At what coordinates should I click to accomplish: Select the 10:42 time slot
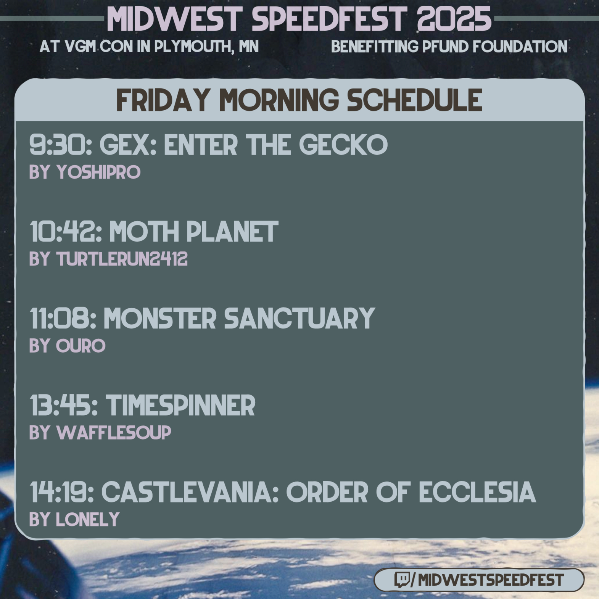[x=66, y=232]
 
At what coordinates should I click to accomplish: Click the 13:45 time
[x=64, y=405]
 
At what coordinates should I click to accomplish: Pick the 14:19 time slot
[x=62, y=492]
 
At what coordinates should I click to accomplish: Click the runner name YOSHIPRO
[x=98, y=172]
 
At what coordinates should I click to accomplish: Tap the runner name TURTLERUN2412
[x=122, y=259]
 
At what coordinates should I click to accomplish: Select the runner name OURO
[x=81, y=346]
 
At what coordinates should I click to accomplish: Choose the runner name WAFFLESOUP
[x=114, y=433]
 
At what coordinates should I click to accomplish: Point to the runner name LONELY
[x=88, y=520]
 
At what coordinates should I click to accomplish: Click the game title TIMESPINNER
[x=180, y=405]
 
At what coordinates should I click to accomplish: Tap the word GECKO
[x=343, y=145]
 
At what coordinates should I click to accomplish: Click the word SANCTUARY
[x=299, y=318]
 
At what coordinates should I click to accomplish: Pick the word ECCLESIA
[x=477, y=492]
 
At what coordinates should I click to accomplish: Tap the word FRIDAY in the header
[x=163, y=100]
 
